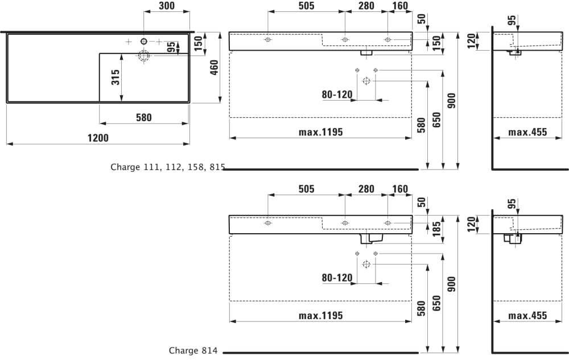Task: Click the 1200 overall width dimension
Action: pos(98,138)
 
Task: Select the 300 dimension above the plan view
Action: pos(167,6)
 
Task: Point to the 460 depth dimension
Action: pos(214,68)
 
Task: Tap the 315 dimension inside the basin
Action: pos(116,77)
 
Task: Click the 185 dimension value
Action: pos(436,229)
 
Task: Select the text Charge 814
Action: pos(193,350)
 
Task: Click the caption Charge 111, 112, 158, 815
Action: pos(168,167)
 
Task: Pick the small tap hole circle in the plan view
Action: pos(144,42)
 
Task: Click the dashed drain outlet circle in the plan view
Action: pos(144,56)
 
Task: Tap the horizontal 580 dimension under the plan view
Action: pos(144,118)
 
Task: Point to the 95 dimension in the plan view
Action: pos(171,47)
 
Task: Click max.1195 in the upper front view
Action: pos(321,132)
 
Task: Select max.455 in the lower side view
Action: pos(527,316)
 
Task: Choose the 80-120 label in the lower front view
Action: pos(337,278)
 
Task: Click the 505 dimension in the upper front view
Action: pos(306,6)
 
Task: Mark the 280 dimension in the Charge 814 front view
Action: pos(366,189)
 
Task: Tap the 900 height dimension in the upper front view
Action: pos(451,101)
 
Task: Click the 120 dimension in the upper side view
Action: pos(471,41)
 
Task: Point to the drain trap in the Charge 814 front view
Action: pos(372,238)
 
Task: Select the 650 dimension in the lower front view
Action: pos(436,303)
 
